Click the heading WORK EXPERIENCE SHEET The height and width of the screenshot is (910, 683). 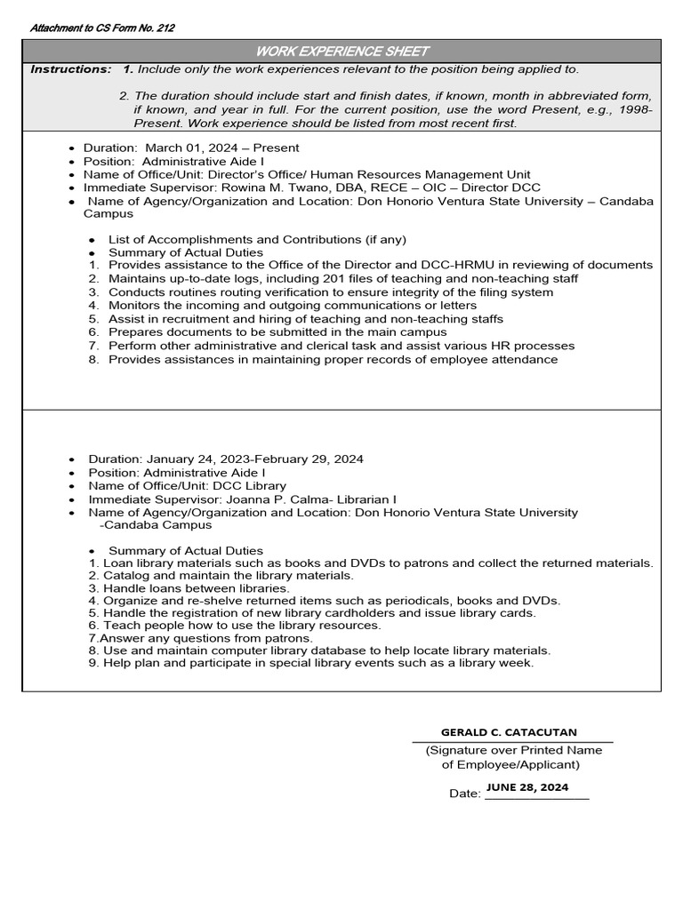341,52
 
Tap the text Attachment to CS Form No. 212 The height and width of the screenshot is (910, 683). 102,28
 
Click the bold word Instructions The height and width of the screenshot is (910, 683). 70,69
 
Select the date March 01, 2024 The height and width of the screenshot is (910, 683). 188,148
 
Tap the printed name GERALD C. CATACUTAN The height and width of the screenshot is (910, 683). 509,732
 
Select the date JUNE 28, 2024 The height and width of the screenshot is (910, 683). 527,787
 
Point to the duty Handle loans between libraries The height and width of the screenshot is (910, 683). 197,588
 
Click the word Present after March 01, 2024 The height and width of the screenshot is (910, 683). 275,148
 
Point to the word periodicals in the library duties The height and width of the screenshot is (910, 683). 415,601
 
